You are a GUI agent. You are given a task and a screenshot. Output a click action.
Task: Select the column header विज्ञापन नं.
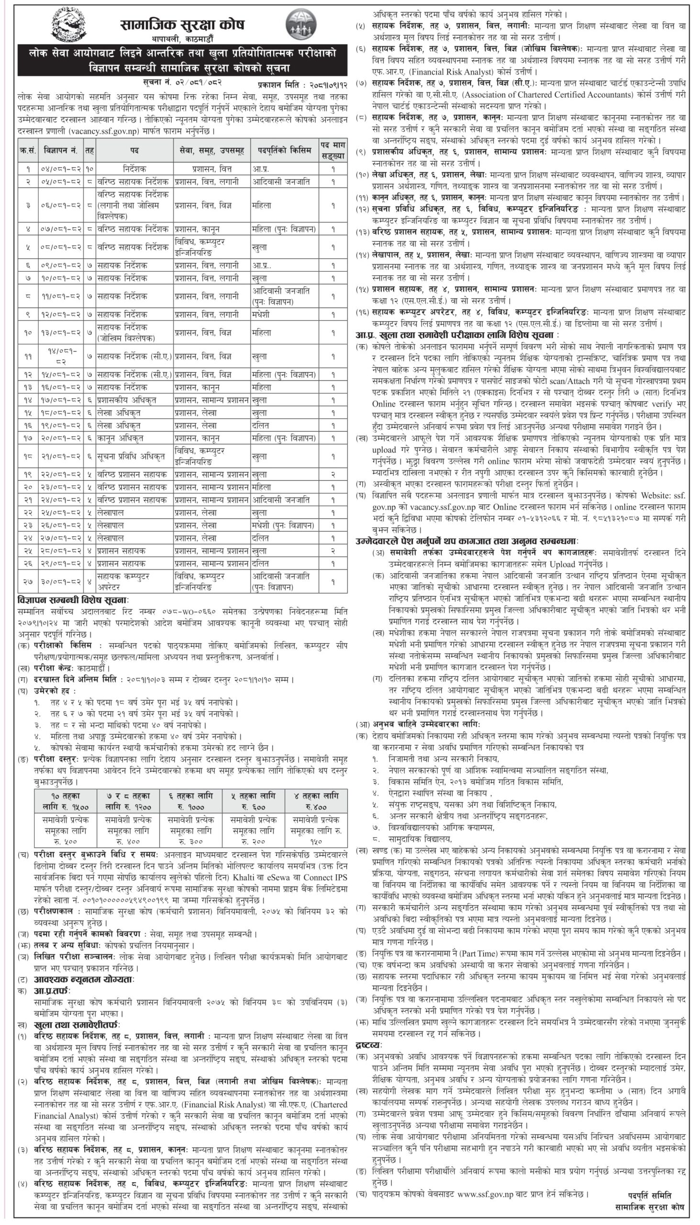click(x=60, y=150)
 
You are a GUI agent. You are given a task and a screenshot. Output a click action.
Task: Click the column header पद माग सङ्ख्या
click(x=333, y=150)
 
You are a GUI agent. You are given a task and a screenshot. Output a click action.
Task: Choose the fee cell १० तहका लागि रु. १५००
click(x=66, y=801)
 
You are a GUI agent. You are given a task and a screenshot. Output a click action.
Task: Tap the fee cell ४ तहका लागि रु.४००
click(x=316, y=801)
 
